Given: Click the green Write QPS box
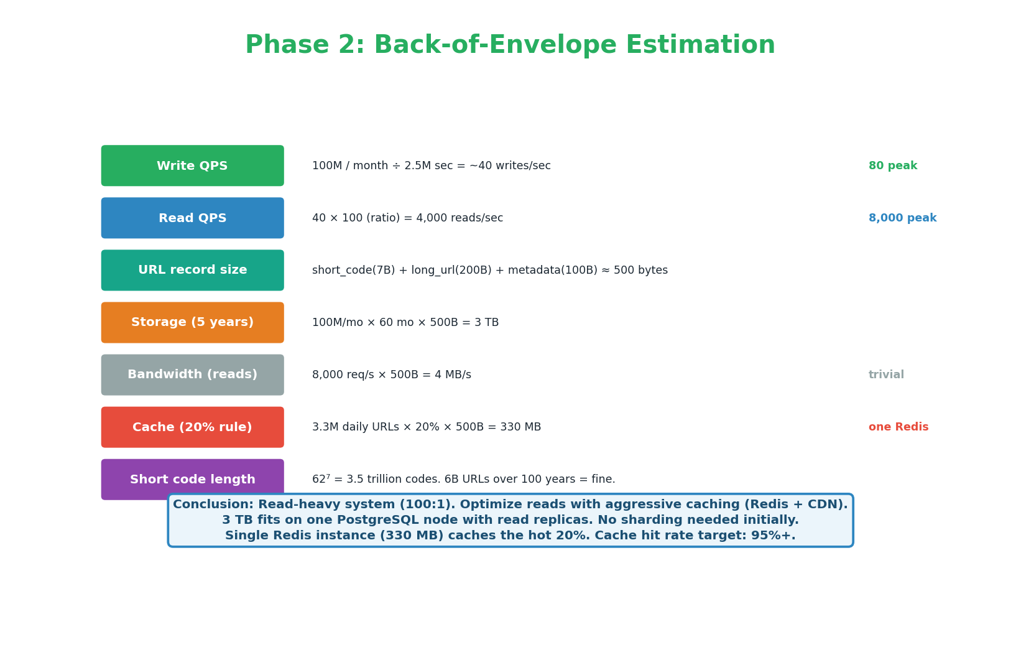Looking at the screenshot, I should pyautogui.click(x=192, y=165).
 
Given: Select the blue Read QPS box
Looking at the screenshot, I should pyautogui.click(x=192, y=218).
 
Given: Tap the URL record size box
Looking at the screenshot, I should pyautogui.click(x=192, y=270).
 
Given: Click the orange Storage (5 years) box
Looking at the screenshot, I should pyautogui.click(x=192, y=322).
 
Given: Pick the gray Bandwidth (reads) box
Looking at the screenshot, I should pyautogui.click(x=192, y=375).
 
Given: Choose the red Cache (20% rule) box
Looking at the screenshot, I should pyautogui.click(x=192, y=427).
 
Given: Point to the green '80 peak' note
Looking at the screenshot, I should pyautogui.click(x=892, y=166).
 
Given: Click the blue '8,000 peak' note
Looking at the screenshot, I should pyautogui.click(x=902, y=218).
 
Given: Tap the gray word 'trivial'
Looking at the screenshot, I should pyautogui.click(x=886, y=375).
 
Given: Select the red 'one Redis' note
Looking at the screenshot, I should pyautogui.click(x=898, y=427).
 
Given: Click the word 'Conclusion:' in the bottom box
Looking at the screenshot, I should pyautogui.click(x=213, y=505).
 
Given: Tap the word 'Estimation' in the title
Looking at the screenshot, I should pyautogui.click(x=700, y=45).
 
